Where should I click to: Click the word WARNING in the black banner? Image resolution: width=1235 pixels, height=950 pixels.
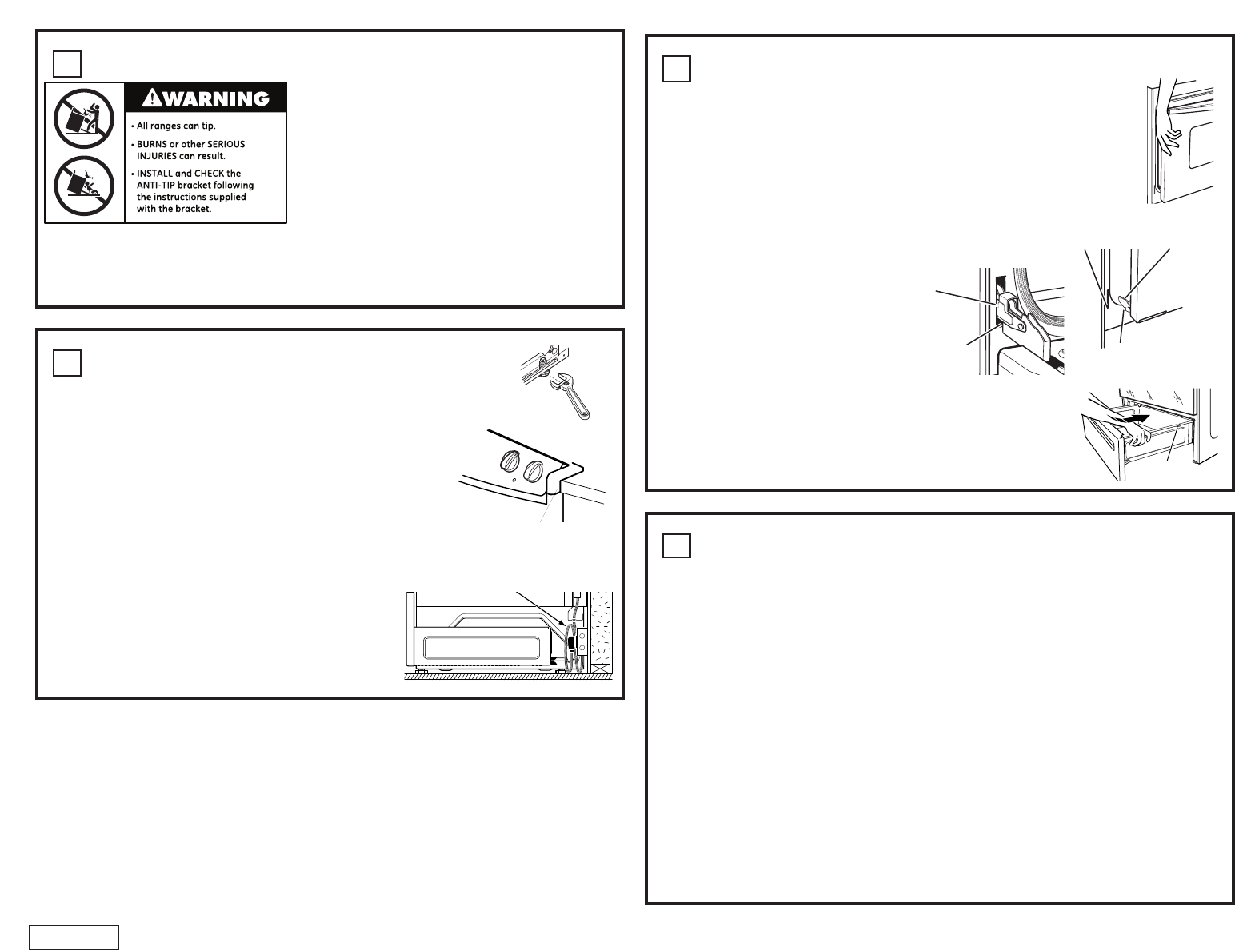[218, 98]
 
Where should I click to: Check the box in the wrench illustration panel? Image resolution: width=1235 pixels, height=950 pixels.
[67, 363]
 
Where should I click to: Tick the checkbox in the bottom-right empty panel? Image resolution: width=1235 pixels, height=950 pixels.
[676, 545]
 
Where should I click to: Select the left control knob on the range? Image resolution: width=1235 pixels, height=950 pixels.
[509, 461]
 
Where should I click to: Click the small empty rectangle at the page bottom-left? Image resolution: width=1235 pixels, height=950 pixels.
[74, 936]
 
